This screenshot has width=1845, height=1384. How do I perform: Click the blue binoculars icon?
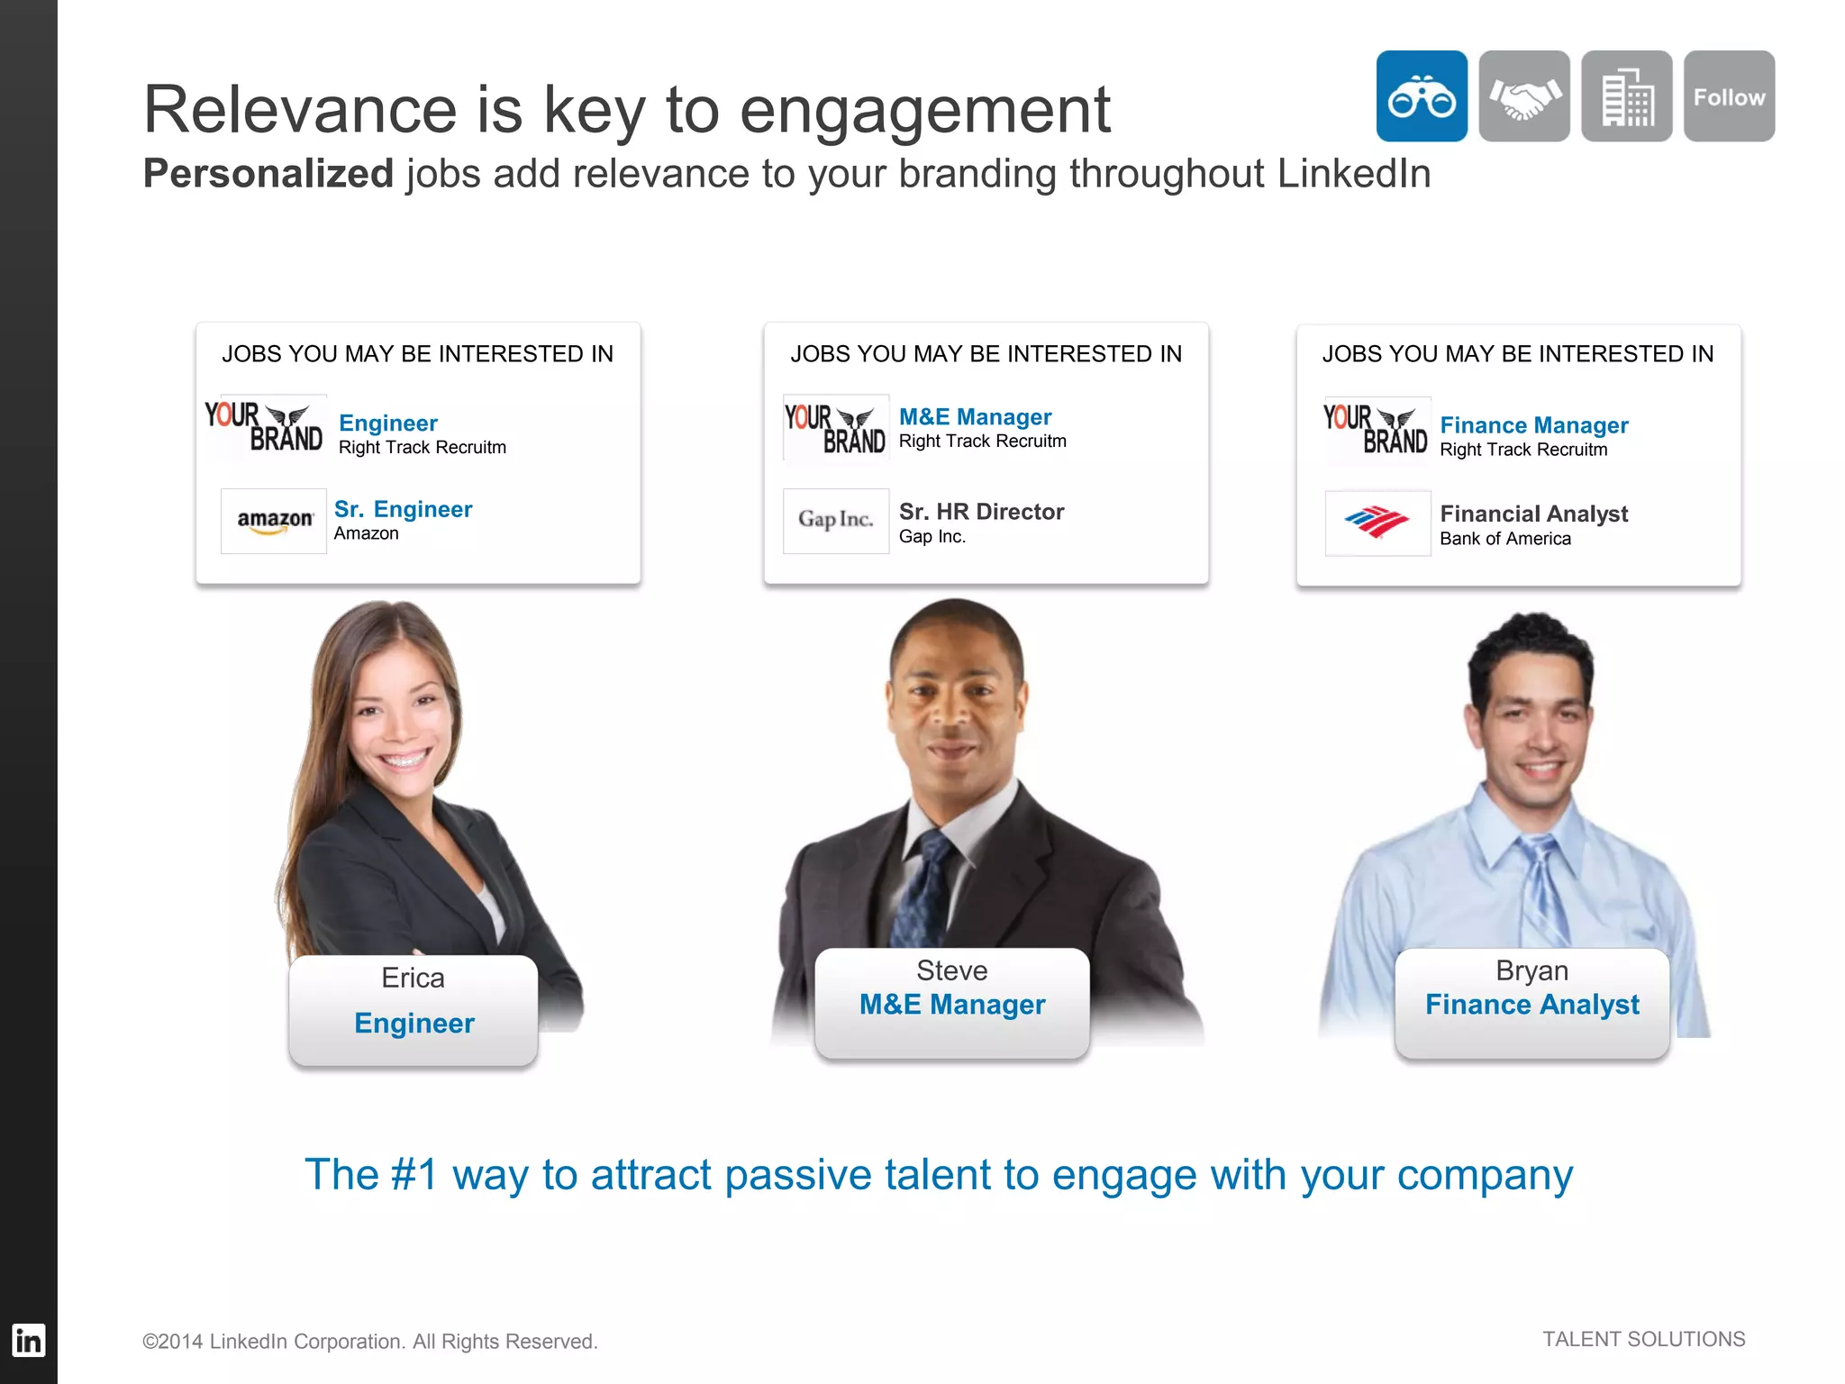(x=1421, y=96)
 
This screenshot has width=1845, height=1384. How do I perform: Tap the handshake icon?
(x=1524, y=96)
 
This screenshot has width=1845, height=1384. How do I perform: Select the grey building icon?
(x=1626, y=96)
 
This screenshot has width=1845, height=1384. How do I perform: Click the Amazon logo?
(x=274, y=521)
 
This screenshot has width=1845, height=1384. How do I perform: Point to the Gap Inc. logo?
(x=835, y=521)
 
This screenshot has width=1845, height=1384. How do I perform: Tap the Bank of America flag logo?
(x=1377, y=523)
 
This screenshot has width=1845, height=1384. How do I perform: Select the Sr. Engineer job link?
(x=403, y=509)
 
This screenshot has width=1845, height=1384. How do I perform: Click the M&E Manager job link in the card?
(x=975, y=417)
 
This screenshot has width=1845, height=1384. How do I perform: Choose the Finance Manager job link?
(x=1533, y=425)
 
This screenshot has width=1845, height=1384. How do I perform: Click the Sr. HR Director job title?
(x=981, y=512)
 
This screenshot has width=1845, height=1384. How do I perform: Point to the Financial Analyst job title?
(x=1533, y=514)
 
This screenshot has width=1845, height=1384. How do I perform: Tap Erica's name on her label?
(x=413, y=978)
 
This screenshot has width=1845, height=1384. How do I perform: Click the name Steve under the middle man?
(x=951, y=970)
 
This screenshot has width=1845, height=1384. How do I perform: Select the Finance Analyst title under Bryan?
(x=1531, y=1005)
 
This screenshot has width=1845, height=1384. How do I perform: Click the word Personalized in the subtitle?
(x=268, y=174)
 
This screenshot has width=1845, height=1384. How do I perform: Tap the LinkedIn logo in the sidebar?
(x=28, y=1341)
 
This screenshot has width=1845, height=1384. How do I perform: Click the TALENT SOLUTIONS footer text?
(x=1643, y=1339)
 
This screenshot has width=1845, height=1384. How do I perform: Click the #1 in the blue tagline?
(x=414, y=1175)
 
